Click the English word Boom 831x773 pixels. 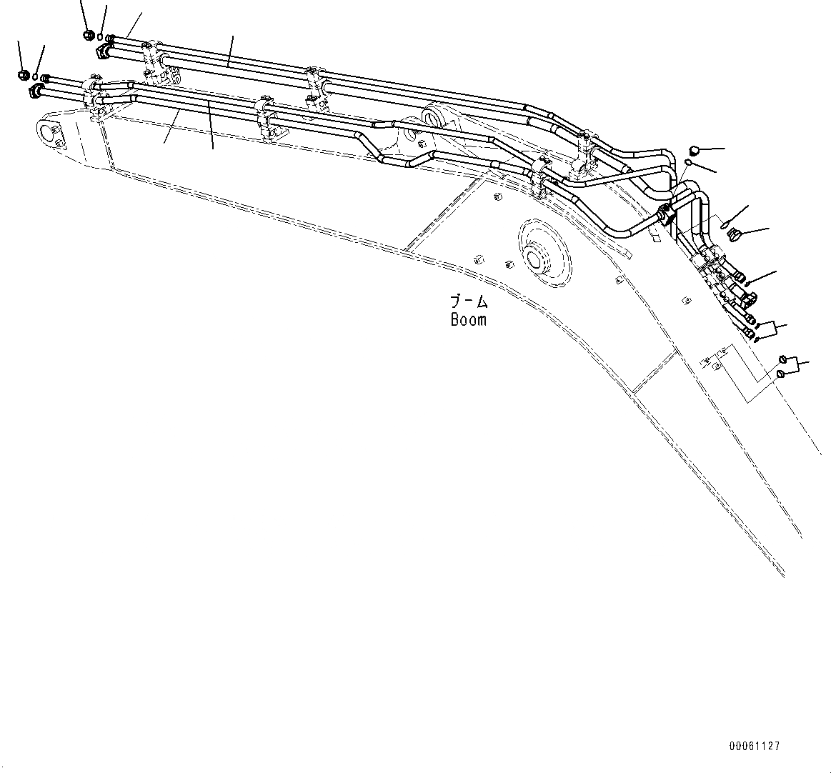(469, 319)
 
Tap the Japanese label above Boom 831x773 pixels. (469, 301)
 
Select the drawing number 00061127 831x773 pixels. (754, 746)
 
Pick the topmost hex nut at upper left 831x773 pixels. (89, 34)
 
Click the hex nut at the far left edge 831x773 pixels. (23, 74)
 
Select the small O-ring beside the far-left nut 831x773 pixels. (36, 77)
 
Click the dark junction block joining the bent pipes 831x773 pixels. (665, 213)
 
